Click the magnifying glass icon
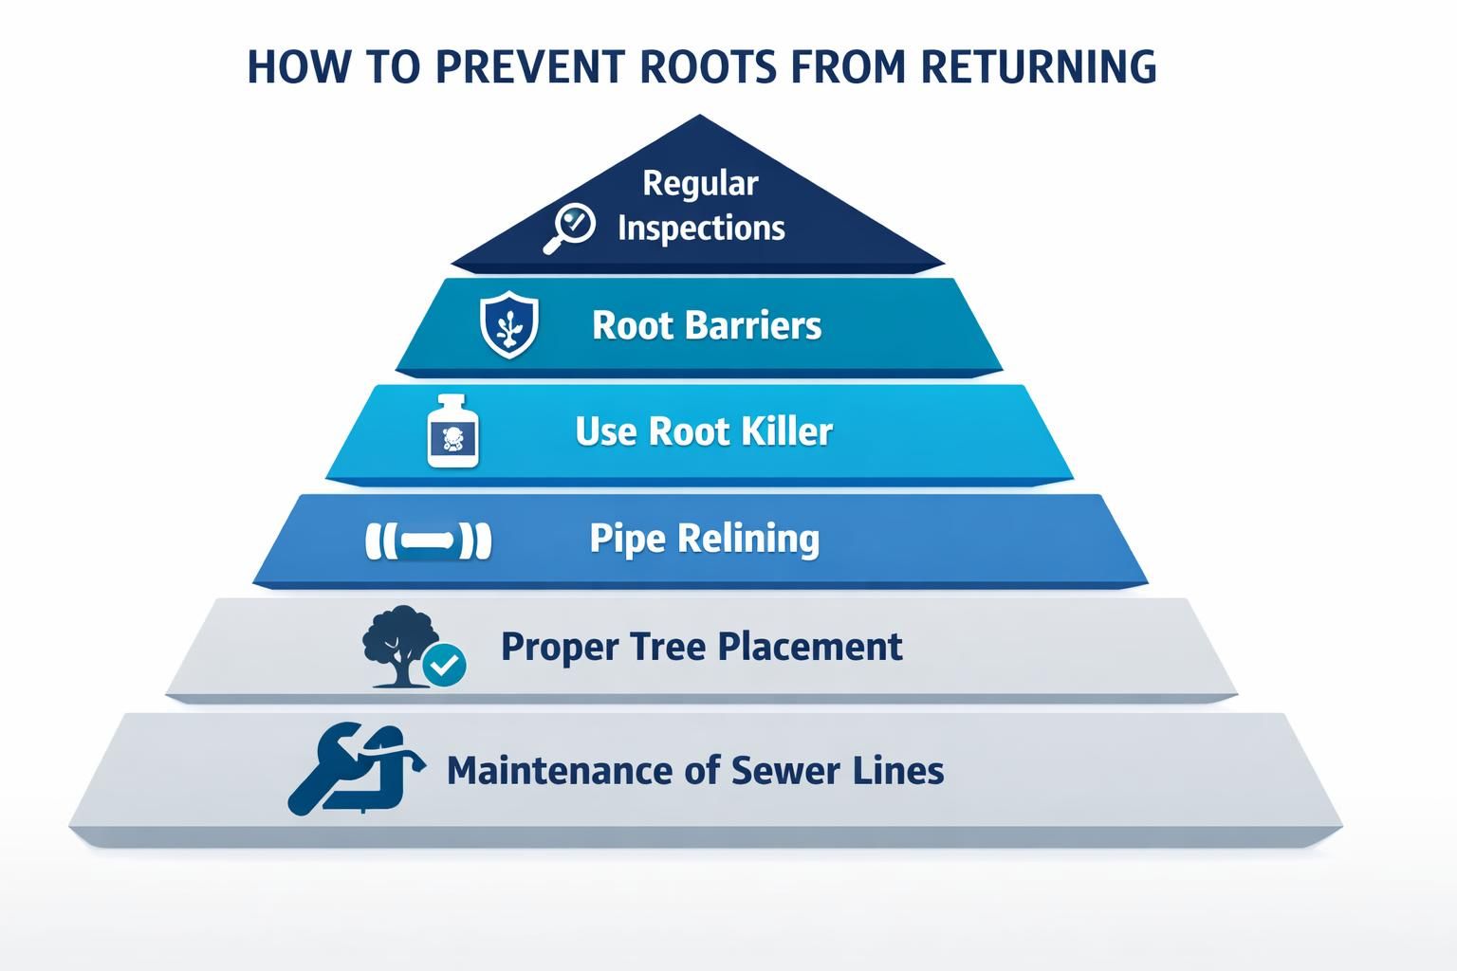tap(569, 228)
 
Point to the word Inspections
tap(701, 229)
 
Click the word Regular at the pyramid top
tap(700, 182)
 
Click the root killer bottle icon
tap(453, 431)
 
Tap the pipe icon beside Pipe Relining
tap(429, 541)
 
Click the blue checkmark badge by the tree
tap(443, 665)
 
